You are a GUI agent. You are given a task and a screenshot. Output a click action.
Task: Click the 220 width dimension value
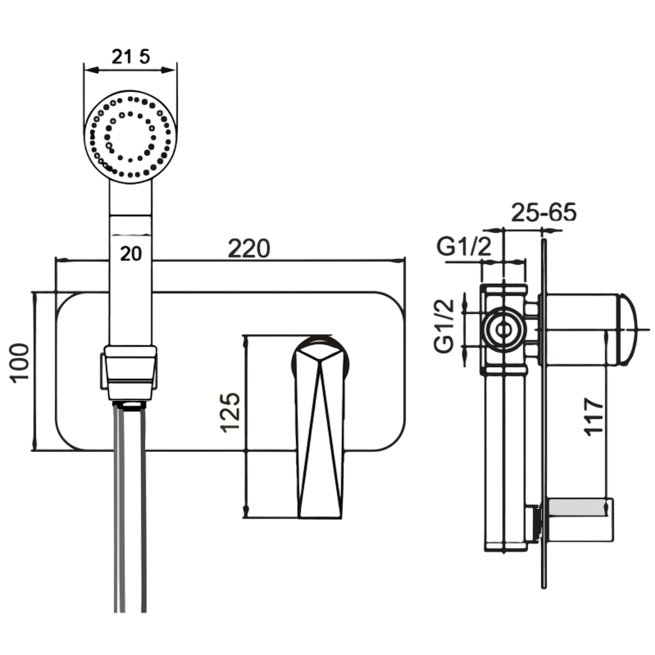coord(248,247)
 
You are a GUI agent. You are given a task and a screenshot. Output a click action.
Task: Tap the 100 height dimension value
coord(20,362)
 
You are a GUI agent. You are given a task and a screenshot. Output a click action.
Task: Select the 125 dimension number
coord(230,412)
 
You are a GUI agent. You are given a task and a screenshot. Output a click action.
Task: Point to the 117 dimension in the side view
coord(595,416)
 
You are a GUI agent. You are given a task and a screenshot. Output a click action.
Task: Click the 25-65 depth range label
coord(544,212)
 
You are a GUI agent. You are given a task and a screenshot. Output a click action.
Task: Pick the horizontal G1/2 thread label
coord(464,245)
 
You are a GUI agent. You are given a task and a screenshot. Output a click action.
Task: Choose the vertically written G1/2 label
coord(443,325)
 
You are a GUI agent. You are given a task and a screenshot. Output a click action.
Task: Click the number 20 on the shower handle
coord(131,252)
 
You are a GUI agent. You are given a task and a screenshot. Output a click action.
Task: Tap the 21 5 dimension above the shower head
coord(130,55)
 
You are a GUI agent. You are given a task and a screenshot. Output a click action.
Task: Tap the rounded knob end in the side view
coord(626,330)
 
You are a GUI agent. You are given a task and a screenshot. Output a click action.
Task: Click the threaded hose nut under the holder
coord(130,404)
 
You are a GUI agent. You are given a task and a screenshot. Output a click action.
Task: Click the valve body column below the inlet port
coord(504,459)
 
